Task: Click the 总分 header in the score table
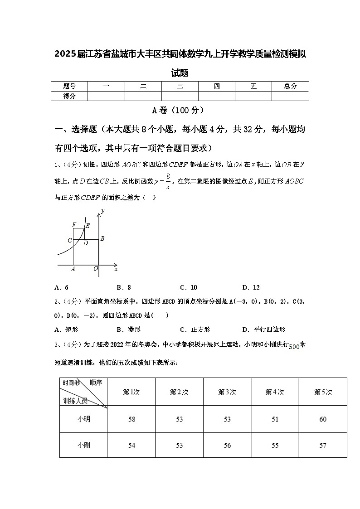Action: (290, 86)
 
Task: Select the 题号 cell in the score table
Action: (69, 86)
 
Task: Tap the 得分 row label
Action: (69, 96)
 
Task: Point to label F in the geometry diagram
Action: (74, 225)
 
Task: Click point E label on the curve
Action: (88, 226)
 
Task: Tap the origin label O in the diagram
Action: (96, 269)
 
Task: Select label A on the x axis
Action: (73, 269)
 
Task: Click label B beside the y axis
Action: (102, 238)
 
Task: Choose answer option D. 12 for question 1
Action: (251, 287)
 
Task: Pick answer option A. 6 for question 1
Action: (61, 287)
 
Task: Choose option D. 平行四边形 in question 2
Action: (263, 330)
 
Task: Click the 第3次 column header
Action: (227, 392)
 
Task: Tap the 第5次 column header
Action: (323, 392)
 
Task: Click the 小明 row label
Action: (83, 419)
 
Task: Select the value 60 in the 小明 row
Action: (323, 419)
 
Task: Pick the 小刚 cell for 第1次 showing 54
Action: (131, 446)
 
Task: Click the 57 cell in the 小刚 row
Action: (323, 446)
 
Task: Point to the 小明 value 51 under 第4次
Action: (275, 419)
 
